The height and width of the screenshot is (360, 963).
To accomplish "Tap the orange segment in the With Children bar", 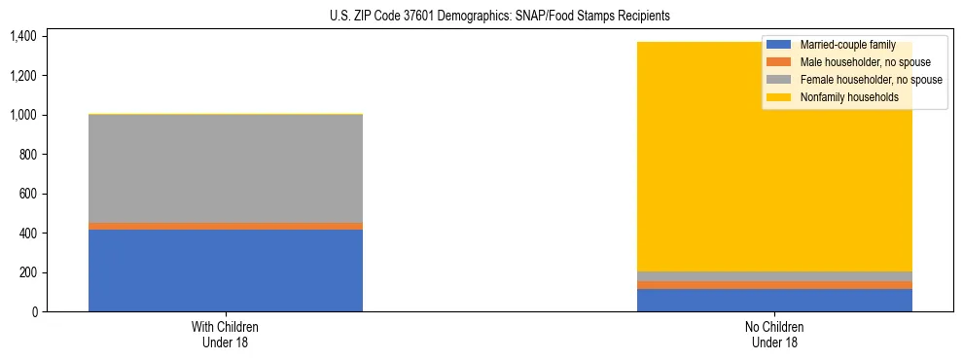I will [225, 226].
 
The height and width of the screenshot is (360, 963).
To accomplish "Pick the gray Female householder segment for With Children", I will [225, 168].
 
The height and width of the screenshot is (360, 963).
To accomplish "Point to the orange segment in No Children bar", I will [774, 285].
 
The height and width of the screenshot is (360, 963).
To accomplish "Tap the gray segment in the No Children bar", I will [774, 276].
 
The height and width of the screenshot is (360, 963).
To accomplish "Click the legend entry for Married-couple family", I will [846, 45].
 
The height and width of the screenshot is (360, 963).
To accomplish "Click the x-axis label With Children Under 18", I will [225, 334].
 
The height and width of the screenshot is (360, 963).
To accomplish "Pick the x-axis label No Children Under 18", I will [774, 334].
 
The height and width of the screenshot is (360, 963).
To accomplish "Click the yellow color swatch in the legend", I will [779, 97].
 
